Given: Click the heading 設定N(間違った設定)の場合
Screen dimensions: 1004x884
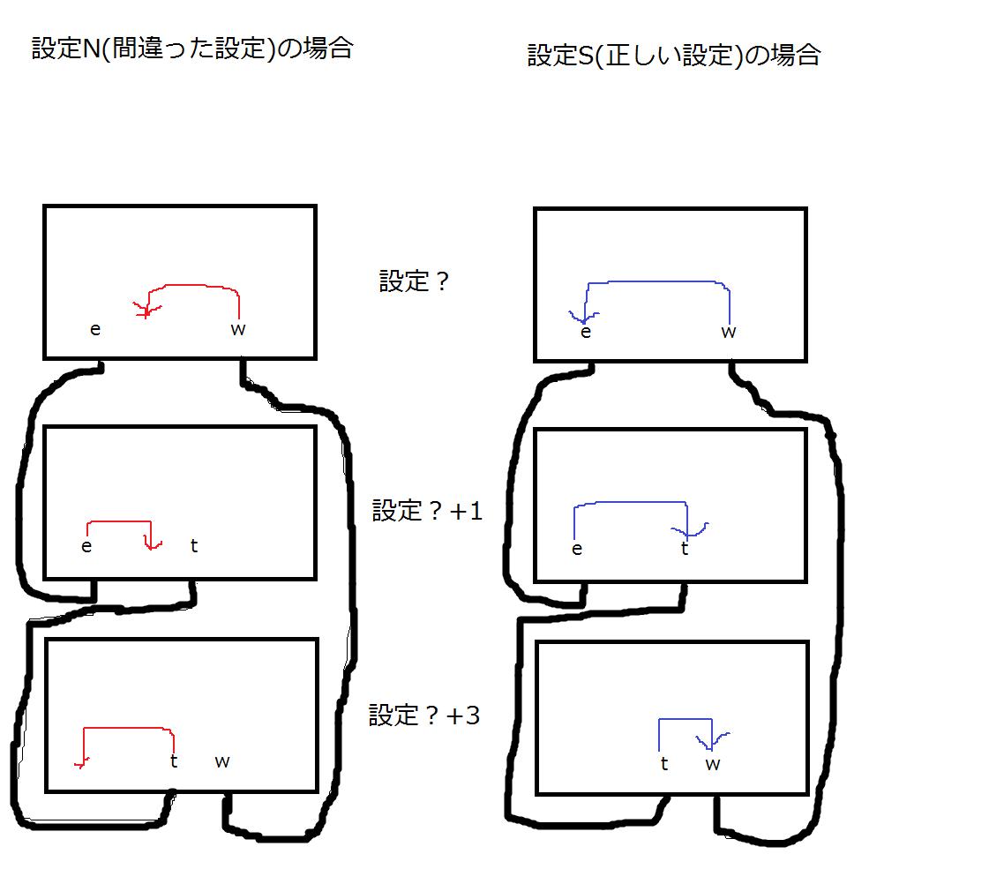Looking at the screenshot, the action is click(192, 48).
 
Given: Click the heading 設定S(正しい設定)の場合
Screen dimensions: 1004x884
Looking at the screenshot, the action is click(674, 56).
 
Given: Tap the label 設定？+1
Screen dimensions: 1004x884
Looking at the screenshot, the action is click(428, 511).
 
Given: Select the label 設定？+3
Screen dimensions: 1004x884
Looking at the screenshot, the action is click(424, 715).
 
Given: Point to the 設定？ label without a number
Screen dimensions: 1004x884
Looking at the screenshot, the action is click(415, 281).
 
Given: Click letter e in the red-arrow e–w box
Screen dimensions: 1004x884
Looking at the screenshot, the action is click(95, 330).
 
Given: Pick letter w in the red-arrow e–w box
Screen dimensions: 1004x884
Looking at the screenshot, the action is click(238, 330).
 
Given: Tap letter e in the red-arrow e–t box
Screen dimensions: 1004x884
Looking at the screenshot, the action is click(86, 546).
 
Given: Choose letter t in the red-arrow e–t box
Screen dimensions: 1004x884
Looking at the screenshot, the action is click(194, 546).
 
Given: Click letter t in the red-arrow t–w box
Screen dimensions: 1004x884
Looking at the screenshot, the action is click(174, 760).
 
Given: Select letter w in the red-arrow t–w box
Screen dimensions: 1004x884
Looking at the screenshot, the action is click(222, 761).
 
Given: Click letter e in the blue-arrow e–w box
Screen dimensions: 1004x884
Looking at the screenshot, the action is click(585, 333).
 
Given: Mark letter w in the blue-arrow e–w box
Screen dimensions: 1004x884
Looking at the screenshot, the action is click(729, 333).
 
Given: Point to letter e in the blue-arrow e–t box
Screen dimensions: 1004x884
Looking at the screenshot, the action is click(577, 550).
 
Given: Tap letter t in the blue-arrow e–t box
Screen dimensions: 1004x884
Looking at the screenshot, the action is click(685, 549).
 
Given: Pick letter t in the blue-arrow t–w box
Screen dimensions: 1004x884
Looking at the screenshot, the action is click(664, 764).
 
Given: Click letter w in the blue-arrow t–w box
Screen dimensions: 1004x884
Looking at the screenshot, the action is click(713, 765).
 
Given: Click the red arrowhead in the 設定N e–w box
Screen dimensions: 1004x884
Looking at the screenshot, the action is click(144, 310).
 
